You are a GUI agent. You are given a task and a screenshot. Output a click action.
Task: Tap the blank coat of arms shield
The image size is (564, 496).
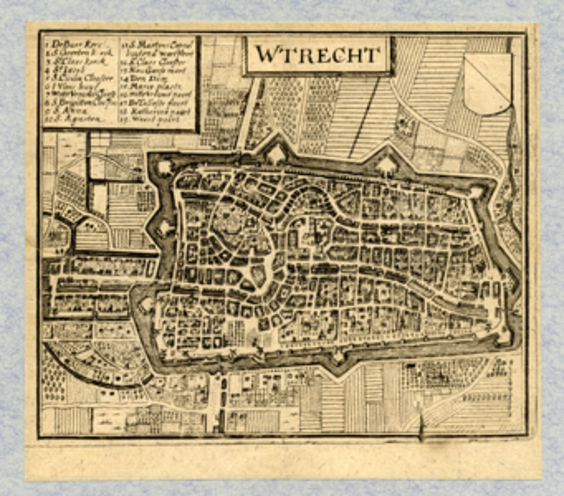488,82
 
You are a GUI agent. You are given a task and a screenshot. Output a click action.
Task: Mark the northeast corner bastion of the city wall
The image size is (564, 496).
476,192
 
